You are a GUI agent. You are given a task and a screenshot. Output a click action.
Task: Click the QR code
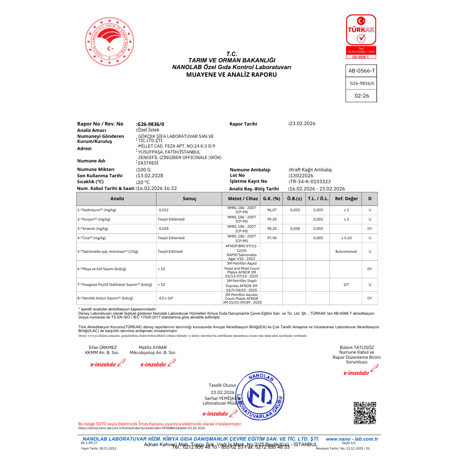coord(365,413)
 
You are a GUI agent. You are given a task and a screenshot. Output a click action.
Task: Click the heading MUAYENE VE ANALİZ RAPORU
coord(231,75)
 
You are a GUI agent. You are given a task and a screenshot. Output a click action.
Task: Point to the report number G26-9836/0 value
coord(151,124)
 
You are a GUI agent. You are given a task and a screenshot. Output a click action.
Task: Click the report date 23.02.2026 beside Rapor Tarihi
coord(302,123)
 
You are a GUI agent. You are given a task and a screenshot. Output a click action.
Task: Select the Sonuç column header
coord(189,198)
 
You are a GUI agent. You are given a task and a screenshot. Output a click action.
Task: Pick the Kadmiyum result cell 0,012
coord(164,210)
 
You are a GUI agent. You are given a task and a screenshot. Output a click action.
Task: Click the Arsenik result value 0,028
coord(164,229)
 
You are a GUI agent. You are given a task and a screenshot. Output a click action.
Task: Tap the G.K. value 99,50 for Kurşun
coord(272,219)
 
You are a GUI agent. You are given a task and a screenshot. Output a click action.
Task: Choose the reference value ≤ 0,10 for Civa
coord(346,238)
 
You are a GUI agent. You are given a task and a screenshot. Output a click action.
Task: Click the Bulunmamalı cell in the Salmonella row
coord(346,251)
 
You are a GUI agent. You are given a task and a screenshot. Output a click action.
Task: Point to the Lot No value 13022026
coord(302,175)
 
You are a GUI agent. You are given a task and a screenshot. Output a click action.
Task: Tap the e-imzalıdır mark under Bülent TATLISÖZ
coord(356,373)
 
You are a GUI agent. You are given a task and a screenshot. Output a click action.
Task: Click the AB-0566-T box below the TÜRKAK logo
coord(361,71)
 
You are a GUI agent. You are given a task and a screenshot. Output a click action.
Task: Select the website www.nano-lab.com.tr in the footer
coord(352,439)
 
